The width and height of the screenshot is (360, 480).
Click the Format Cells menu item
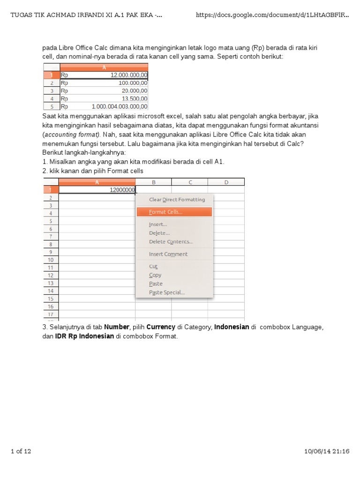[166, 212]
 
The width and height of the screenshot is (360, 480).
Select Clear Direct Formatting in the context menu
[177, 200]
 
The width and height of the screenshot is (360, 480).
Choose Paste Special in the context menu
[167, 292]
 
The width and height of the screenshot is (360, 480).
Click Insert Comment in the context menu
[168, 254]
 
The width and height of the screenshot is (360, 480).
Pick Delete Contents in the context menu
[171, 242]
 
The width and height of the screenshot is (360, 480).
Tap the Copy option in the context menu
[155, 275]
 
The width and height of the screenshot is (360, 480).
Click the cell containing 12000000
[97, 190]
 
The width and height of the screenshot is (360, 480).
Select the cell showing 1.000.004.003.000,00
[104, 106]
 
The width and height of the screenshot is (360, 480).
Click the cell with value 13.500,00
[104, 98]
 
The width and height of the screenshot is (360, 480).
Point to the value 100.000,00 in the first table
[104, 82]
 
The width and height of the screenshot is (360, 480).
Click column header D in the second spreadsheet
[226, 182]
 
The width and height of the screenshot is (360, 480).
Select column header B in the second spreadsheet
[153, 182]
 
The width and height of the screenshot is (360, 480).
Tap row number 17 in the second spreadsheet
[51, 314]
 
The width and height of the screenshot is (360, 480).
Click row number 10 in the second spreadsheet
[51, 260]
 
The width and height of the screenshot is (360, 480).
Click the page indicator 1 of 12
[21, 451]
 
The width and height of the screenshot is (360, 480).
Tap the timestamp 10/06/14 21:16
[327, 451]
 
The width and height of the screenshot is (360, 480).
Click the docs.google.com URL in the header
[272, 15]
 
